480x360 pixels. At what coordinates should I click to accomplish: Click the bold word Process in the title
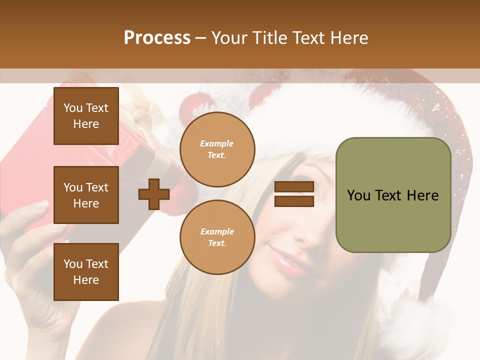click(157, 38)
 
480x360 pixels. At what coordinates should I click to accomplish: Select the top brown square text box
click(86, 116)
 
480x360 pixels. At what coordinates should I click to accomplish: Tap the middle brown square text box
click(86, 195)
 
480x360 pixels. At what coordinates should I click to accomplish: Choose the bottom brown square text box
click(86, 272)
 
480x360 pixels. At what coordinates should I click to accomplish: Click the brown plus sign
click(154, 194)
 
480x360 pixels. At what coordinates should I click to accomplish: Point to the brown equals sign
click(294, 194)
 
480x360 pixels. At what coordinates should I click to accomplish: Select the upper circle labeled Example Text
click(217, 149)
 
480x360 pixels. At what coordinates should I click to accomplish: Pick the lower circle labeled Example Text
click(217, 237)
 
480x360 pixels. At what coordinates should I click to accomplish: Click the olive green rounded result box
click(393, 195)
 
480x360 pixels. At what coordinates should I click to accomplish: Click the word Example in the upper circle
click(217, 143)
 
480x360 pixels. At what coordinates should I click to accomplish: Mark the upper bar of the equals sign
click(294, 187)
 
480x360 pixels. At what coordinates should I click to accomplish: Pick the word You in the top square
click(73, 108)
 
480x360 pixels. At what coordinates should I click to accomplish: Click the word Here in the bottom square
click(86, 280)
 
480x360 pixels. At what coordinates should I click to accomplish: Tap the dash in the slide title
click(201, 38)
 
